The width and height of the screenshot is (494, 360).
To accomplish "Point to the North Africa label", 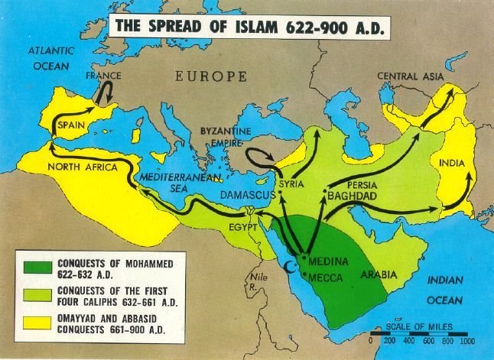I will (81, 167).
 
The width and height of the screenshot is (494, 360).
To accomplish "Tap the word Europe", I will (211, 76).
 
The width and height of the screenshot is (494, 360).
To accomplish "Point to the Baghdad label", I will (354, 196).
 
